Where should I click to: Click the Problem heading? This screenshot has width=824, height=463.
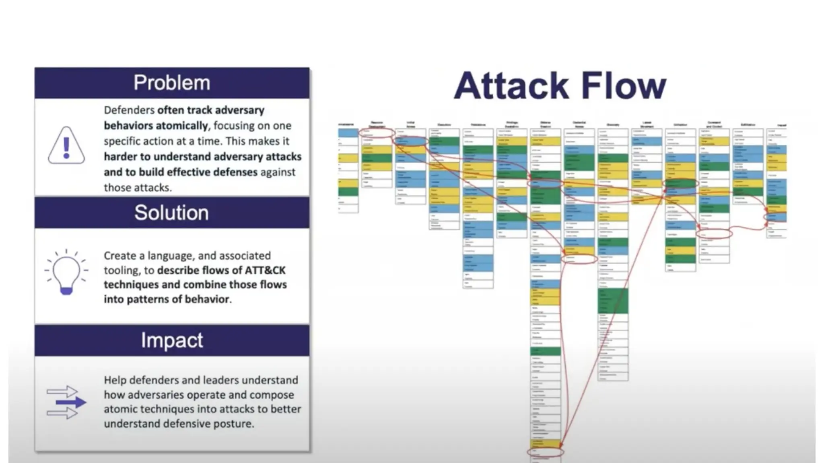pos(172,83)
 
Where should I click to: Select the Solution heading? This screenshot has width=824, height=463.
pos(171,213)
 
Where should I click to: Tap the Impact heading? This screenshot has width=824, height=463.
pos(172,340)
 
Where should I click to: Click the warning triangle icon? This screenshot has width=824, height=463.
pos(66,145)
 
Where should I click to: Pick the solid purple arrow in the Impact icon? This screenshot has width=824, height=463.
pos(71,402)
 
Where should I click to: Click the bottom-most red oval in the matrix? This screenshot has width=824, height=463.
pos(545,453)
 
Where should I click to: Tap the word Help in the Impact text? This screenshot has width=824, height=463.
pos(115,380)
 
